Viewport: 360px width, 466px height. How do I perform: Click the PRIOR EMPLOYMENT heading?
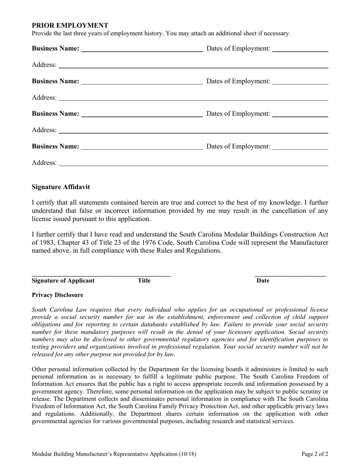click(x=70, y=25)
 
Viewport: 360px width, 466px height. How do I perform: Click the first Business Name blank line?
click(x=142, y=50)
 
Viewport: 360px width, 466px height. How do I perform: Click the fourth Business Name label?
click(x=56, y=146)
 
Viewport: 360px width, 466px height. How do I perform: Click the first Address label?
click(x=44, y=65)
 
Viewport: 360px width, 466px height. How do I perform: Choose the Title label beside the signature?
click(x=144, y=281)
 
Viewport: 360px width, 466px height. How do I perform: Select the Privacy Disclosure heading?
click(x=58, y=295)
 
